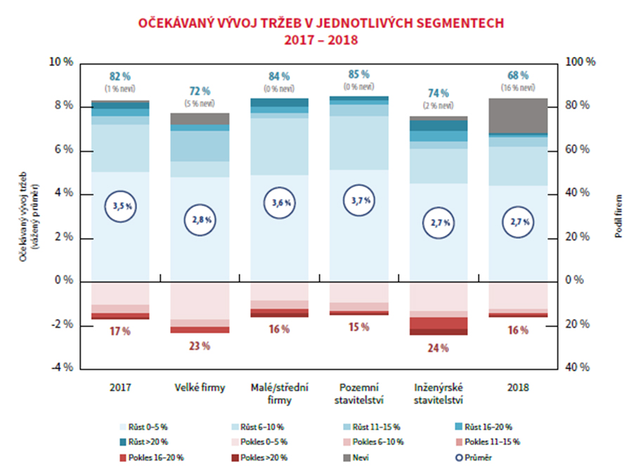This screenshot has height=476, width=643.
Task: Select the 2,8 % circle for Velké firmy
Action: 200,220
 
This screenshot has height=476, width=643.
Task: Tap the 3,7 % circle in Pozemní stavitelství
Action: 358,201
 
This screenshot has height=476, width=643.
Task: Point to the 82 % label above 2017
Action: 120,76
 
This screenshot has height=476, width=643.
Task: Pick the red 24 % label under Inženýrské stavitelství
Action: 439,348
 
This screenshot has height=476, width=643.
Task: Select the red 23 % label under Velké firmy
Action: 200,345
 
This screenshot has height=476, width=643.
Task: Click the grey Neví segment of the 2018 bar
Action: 518,115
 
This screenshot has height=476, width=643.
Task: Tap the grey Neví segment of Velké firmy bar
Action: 200,119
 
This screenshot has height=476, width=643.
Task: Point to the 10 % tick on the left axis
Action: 62,62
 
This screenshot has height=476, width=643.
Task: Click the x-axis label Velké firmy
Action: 200,387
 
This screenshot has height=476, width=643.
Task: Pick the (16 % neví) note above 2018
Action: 518,88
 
